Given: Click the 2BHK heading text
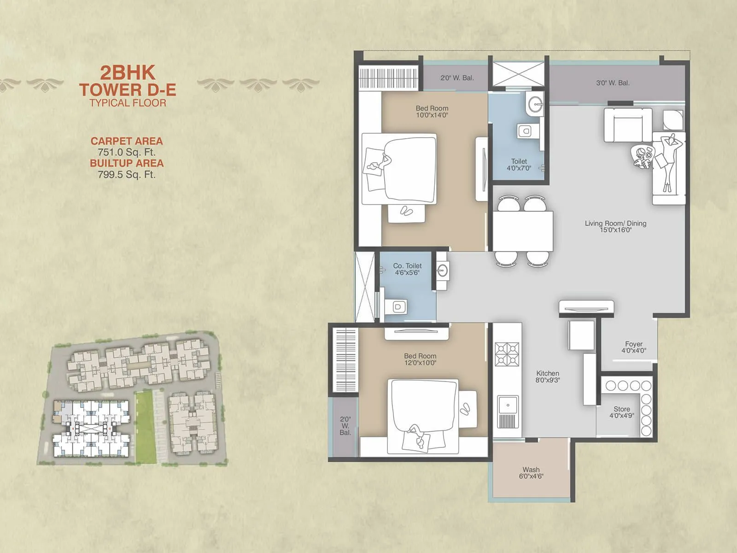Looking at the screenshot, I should click(x=128, y=73).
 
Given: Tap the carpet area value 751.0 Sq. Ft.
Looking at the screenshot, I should click(x=126, y=152).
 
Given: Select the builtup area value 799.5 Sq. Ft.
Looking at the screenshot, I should click(x=126, y=175).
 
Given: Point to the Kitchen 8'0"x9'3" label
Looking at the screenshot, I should click(x=547, y=377).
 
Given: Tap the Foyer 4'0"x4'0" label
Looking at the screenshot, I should click(x=633, y=347).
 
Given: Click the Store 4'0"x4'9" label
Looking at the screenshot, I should click(x=621, y=412).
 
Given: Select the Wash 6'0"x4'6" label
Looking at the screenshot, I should click(x=531, y=473).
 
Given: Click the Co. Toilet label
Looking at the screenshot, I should click(x=407, y=269).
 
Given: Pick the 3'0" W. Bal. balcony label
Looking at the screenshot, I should click(x=613, y=83).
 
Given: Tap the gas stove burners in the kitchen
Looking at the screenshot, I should click(x=507, y=354).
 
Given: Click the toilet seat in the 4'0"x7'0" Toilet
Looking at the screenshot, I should click(x=525, y=131).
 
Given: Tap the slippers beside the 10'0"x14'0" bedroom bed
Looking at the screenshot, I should click(x=406, y=211).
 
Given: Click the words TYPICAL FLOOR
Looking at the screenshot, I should click(x=128, y=103).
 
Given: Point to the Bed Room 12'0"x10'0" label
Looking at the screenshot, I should click(x=420, y=359).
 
